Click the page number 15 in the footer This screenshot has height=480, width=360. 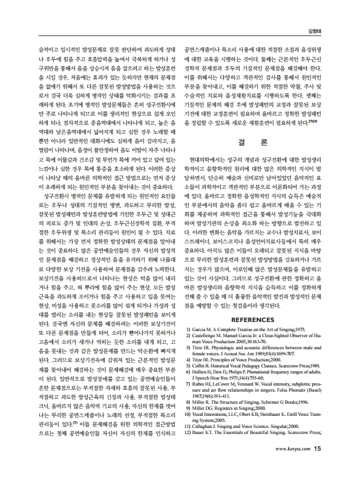click(319, 465)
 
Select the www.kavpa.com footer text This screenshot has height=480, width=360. click(293, 465)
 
